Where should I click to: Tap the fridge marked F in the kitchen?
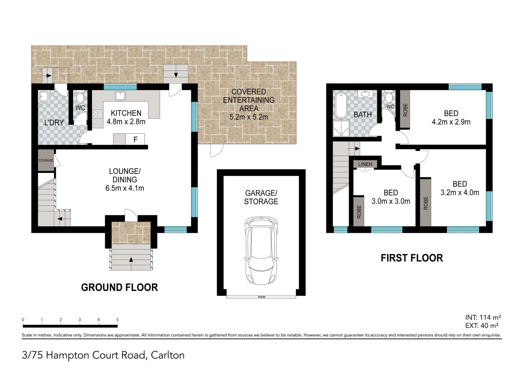[135, 139]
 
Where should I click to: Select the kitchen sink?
[120, 96]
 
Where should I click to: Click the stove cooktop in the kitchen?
[97, 114]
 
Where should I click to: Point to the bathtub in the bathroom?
[341, 106]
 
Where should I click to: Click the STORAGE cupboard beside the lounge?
[46, 160]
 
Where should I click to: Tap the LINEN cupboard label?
[365, 164]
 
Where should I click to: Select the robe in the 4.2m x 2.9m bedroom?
[405, 109]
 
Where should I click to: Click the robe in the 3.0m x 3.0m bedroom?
[359, 212]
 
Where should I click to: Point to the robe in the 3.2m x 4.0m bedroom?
[425, 203]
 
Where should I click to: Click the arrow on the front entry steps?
[131, 259]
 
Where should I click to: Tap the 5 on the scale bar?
[117, 320]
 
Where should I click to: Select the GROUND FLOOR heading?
[119, 287]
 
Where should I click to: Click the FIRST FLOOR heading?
[412, 258]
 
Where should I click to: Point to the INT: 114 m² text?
[483, 317]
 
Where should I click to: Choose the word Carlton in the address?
[167, 355]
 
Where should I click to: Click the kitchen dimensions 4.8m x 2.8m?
[126, 122]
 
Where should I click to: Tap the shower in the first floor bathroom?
[341, 128]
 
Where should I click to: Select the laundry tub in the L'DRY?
[44, 96]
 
